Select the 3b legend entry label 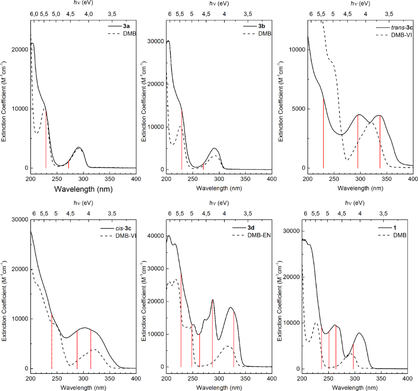[262, 25]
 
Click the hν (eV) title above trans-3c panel [360, 4]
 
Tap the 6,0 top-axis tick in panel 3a [34, 13]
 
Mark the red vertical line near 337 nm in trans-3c [380, 143]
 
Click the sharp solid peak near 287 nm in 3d [213, 300]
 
